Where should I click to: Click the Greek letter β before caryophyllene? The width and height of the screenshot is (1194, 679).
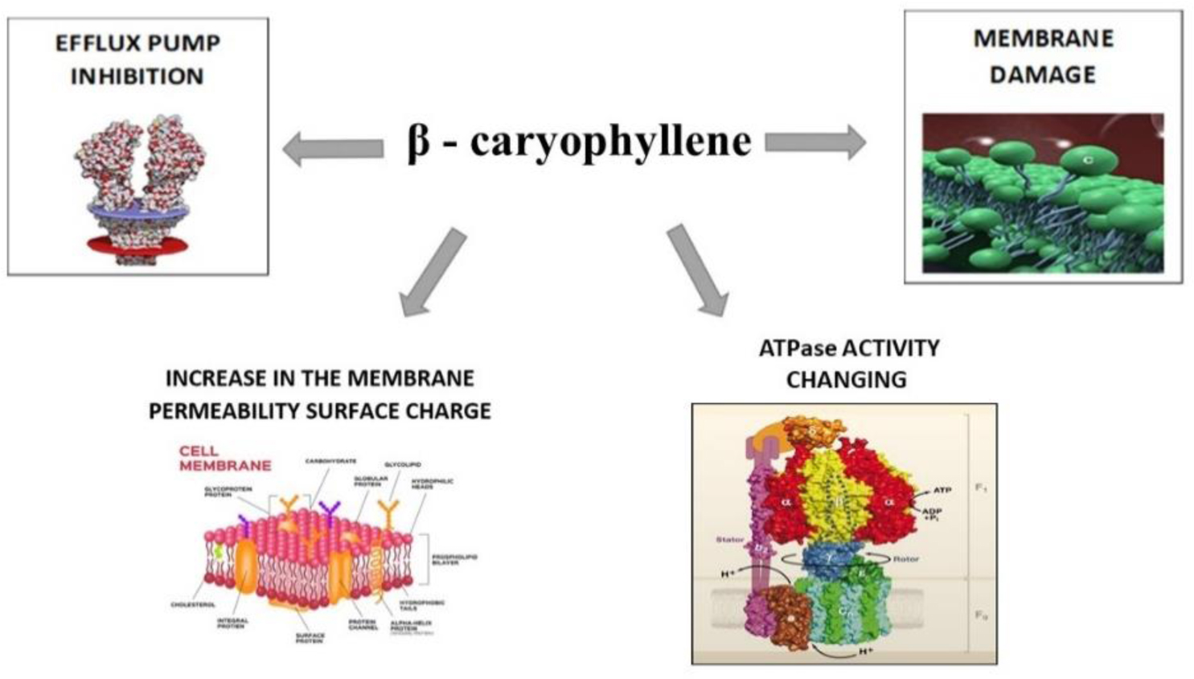(x=419, y=142)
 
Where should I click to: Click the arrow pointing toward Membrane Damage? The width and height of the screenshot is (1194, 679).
(x=814, y=143)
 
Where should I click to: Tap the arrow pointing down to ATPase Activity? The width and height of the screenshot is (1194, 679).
(x=697, y=270)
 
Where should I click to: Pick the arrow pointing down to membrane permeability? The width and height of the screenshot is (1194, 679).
(x=434, y=272)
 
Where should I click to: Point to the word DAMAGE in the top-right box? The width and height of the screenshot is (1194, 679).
(x=1042, y=75)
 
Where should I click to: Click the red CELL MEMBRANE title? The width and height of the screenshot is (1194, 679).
(x=224, y=459)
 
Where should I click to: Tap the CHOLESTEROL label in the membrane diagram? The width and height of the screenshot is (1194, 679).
(x=193, y=604)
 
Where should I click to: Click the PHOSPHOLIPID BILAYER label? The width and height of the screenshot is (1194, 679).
(x=454, y=559)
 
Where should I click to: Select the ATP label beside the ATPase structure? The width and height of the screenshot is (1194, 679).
(x=942, y=489)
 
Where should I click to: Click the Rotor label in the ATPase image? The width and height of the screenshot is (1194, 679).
(x=905, y=558)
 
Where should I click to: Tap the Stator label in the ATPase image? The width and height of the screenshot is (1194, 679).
(x=729, y=539)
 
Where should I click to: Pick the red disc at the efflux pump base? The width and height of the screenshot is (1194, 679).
(x=137, y=245)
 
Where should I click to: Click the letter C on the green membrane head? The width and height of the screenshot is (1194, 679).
(x=1087, y=161)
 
